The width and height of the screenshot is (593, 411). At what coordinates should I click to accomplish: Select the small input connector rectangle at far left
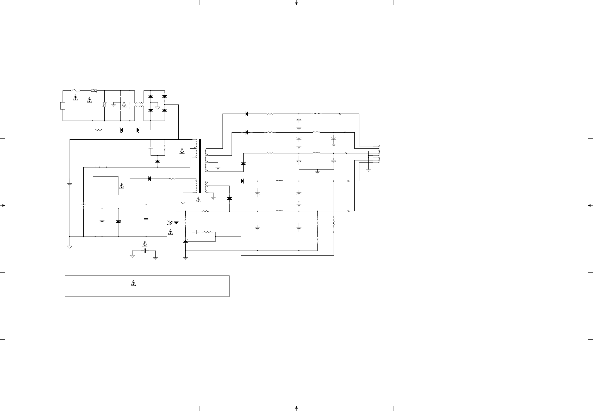click(63, 106)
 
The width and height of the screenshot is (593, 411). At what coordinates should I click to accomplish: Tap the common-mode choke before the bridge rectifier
click(139, 105)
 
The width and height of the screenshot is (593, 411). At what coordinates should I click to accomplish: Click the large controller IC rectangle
click(106, 186)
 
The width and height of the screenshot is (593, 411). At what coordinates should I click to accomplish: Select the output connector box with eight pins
click(383, 154)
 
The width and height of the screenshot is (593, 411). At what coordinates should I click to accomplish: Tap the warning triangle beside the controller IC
click(122, 186)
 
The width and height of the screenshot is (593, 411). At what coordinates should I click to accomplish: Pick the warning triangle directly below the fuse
click(75, 98)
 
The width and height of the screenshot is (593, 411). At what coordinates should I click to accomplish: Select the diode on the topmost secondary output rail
click(247, 114)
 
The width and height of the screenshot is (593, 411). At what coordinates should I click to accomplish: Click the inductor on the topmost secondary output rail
click(316, 114)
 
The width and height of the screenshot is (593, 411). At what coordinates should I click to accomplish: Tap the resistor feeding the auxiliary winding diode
click(173, 179)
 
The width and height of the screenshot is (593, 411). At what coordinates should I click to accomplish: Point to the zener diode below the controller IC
click(118, 222)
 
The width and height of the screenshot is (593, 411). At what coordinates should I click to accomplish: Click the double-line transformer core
click(200, 166)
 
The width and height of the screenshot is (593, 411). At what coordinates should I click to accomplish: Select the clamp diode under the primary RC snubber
click(158, 161)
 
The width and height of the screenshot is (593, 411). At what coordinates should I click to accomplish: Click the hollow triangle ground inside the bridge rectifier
click(158, 108)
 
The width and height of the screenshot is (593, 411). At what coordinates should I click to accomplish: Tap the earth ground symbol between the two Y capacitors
click(114, 105)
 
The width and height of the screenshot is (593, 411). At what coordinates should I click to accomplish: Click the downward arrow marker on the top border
click(296, 4)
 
